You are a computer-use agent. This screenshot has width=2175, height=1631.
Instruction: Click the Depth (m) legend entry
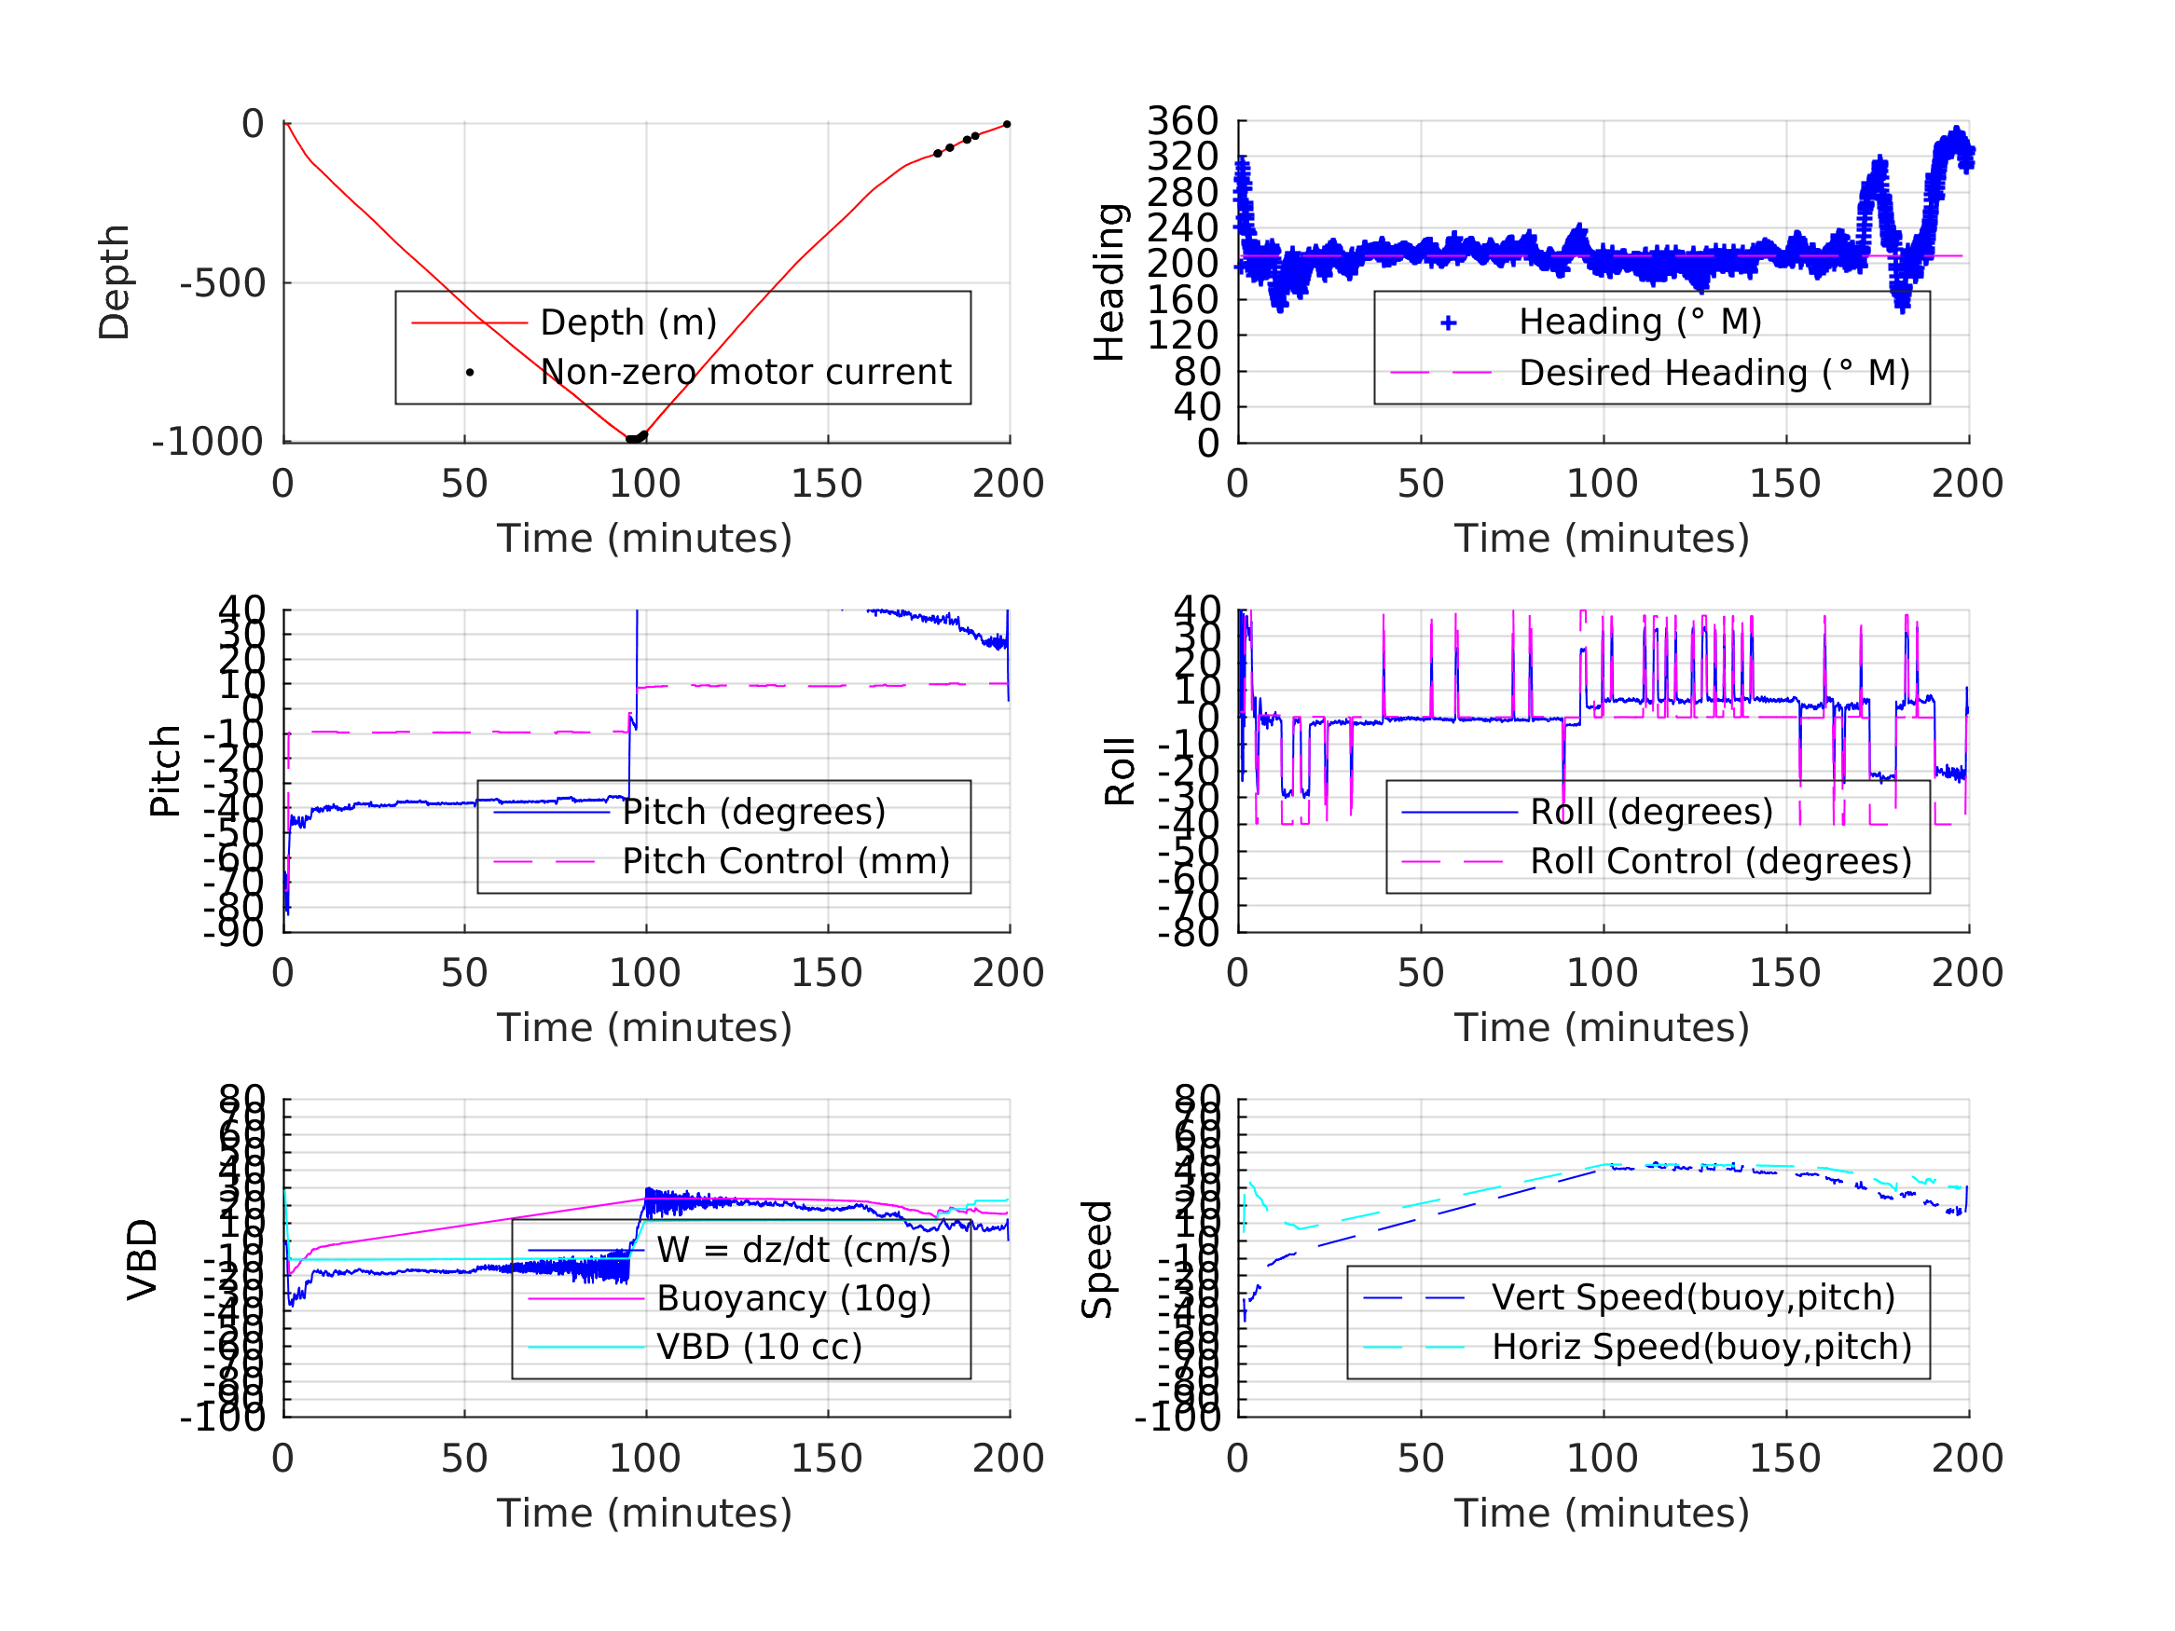tap(628, 322)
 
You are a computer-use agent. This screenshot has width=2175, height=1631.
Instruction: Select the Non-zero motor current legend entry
tap(744, 373)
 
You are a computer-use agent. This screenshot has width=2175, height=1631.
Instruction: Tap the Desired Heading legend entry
tap(1714, 374)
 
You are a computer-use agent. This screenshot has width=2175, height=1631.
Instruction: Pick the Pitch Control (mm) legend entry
tap(786, 861)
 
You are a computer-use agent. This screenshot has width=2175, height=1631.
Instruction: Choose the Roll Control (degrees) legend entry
tap(1721, 861)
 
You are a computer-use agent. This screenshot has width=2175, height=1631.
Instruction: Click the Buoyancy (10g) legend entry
tap(793, 1298)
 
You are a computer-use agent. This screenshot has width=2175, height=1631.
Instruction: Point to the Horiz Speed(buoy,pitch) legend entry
tap(1701, 1347)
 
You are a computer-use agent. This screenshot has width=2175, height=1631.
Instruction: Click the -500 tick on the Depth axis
tap(223, 284)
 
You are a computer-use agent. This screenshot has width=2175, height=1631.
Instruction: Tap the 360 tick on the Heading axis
tap(1183, 121)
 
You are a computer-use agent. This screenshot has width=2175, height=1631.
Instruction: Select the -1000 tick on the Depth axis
tap(209, 443)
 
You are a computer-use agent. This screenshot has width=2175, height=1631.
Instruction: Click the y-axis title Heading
tap(1109, 282)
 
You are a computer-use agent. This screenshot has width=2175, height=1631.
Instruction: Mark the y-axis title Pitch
tap(165, 771)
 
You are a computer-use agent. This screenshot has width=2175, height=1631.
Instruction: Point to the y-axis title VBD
tap(143, 1259)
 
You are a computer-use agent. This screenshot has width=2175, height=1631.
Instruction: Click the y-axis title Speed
tap(1097, 1259)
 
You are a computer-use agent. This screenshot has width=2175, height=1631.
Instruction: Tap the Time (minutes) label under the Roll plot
tap(1602, 1027)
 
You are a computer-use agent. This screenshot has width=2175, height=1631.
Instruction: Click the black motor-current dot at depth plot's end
tap(1007, 125)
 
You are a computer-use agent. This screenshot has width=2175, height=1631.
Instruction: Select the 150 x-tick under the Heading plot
tap(1784, 484)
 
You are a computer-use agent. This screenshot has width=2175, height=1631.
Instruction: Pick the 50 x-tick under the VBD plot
tap(464, 1458)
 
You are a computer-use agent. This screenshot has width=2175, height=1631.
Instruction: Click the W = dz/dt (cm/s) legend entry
tap(804, 1250)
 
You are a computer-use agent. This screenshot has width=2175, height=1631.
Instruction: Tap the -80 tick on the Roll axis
tap(1190, 932)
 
